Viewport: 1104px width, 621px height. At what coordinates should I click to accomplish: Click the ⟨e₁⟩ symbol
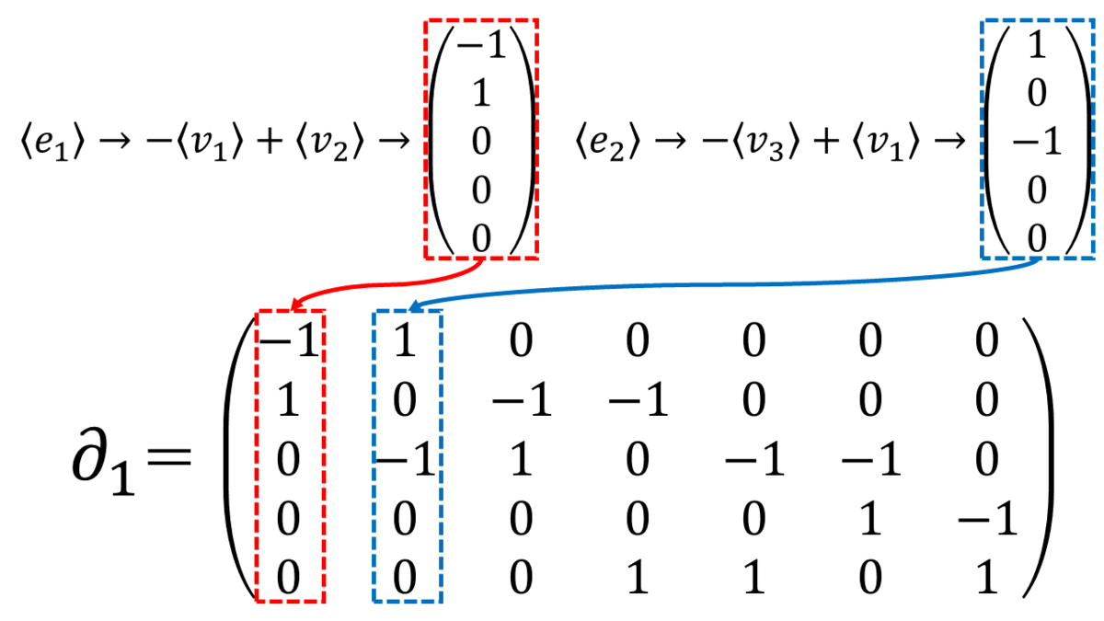52,142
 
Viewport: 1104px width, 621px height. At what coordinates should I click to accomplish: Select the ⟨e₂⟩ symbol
607,142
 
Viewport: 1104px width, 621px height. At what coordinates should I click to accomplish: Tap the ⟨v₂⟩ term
329,142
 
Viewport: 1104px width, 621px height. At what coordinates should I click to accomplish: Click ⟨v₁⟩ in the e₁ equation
211,142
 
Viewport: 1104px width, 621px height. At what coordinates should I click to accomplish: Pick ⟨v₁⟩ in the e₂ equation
886,142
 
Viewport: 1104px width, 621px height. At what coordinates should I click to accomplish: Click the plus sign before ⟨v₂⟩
270,141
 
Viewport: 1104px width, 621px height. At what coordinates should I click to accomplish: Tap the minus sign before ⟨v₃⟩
714,142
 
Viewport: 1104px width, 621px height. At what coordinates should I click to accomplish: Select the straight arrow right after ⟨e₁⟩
115,142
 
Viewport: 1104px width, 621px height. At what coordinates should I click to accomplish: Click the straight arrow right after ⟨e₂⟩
670,142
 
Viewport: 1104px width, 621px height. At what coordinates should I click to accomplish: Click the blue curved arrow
725,284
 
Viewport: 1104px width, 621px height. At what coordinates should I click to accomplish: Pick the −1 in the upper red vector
481,45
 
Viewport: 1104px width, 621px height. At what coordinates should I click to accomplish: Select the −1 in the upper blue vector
1037,142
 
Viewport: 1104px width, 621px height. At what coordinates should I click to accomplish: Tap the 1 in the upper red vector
481,93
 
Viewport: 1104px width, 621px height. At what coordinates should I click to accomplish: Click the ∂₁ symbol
103,461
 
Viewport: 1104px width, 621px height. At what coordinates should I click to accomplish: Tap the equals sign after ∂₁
168,455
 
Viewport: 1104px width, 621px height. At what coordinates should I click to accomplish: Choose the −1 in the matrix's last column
987,519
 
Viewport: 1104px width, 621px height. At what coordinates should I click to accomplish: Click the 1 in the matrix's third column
522,459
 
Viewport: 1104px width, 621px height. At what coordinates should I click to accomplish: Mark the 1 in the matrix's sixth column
871,519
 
